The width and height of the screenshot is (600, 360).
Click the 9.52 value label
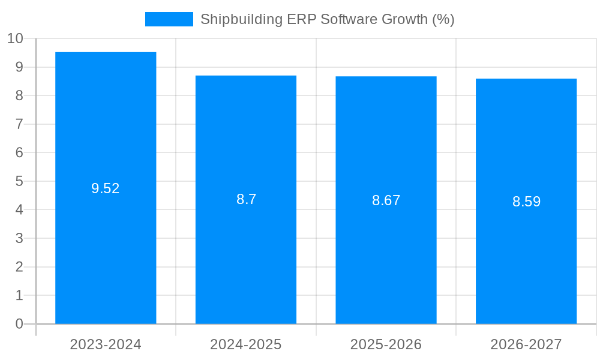point(106,188)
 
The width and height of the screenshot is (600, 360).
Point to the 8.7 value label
point(246,200)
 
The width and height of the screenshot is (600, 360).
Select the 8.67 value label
point(386,201)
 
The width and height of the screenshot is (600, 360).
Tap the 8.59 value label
point(526,202)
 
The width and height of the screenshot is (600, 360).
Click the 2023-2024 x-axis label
point(106,344)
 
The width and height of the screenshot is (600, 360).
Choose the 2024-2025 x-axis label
point(246,344)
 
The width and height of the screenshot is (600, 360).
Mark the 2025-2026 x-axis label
point(386,344)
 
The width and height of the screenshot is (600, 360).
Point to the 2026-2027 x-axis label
point(526,344)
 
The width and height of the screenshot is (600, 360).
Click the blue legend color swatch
point(169,19)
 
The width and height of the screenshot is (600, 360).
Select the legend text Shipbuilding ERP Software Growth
point(327,19)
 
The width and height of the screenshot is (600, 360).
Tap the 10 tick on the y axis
point(15,38)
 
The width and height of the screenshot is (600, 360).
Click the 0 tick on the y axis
point(19,324)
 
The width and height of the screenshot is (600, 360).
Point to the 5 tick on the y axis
point(19,181)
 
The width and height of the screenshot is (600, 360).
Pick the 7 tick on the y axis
point(19,124)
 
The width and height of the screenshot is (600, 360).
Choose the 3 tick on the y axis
point(19,238)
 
